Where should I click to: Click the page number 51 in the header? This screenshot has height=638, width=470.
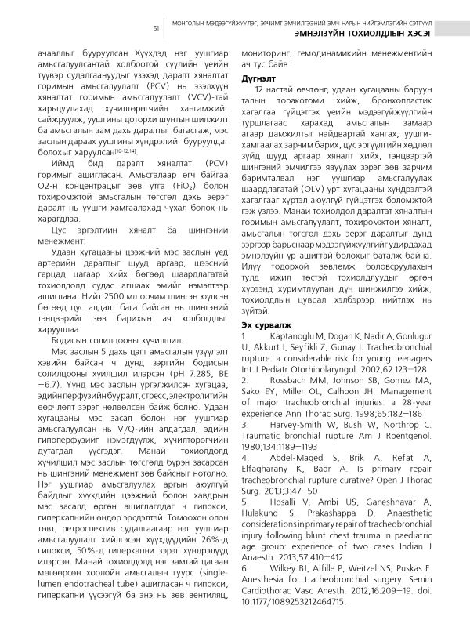[157, 27]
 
